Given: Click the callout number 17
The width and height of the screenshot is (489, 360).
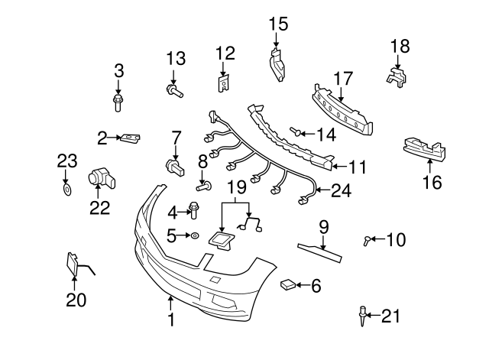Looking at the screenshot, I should coord(343,77).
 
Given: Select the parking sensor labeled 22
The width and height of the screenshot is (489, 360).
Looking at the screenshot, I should coord(102,178).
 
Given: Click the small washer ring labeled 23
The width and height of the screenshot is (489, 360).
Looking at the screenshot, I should coord(66,187).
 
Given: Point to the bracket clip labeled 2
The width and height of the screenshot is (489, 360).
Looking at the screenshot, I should coord(131,138).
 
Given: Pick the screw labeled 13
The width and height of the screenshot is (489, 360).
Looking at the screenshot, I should coord(173,92).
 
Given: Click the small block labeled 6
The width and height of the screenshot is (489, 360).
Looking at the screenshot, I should coord(288,285).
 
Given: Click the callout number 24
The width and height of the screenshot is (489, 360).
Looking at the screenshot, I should coord(341,191).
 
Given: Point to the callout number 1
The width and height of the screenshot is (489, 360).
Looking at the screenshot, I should coord(171,319).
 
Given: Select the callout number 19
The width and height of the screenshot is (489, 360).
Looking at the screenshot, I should coord(238,186).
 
